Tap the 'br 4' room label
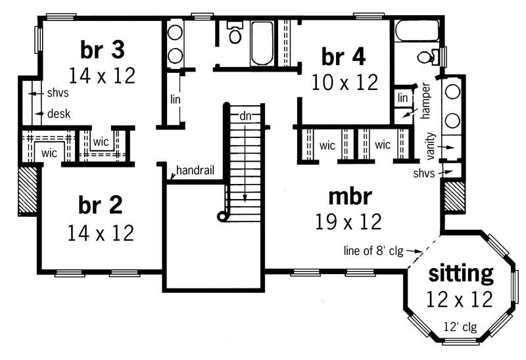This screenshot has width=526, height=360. [343, 56]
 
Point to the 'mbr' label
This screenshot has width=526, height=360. [350, 196]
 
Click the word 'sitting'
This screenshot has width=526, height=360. [461, 273]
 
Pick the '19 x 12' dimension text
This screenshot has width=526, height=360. [349, 222]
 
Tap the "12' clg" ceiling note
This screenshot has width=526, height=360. [460, 326]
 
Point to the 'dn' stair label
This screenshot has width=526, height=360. [246, 116]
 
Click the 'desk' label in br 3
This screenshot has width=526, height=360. [59, 114]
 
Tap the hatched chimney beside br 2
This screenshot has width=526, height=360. [28, 191]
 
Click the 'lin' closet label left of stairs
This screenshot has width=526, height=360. [176, 99]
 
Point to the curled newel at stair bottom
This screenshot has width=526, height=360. [223, 216]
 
